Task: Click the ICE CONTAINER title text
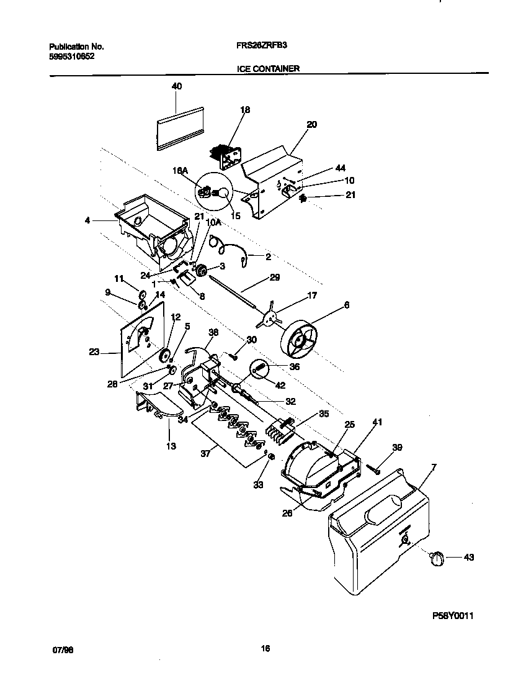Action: tap(268, 69)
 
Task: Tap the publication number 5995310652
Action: tap(71, 56)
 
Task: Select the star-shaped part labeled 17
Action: tap(269, 316)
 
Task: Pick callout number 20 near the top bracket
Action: tap(311, 124)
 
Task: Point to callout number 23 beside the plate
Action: tap(94, 351)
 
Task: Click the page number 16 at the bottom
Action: tap(265, 649)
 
